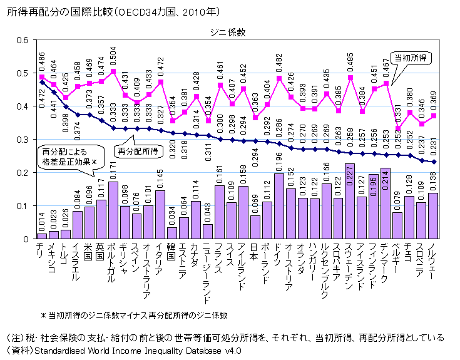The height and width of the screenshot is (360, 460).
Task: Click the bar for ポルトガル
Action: click(x=113, y=210)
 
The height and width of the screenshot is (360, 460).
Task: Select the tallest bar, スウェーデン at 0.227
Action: click(x=350, y=201)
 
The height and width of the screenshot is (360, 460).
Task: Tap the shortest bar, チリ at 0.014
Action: click(x=42, y=236)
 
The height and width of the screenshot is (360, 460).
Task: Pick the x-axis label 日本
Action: click(x=255, y=252)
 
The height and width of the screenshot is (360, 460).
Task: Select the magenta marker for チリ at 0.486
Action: click(x=42, y=77)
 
